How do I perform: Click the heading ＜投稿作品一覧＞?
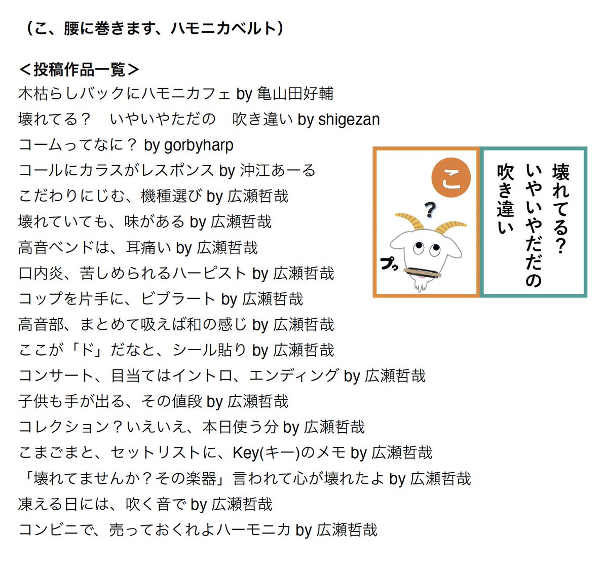[79, 69]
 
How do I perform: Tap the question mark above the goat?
[430, 209]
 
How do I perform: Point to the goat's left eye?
[418, 248]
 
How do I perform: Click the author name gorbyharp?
[199, 145]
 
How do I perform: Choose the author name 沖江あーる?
[278, 171]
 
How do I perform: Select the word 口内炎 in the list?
[41, 274]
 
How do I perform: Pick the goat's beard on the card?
[420, 287]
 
